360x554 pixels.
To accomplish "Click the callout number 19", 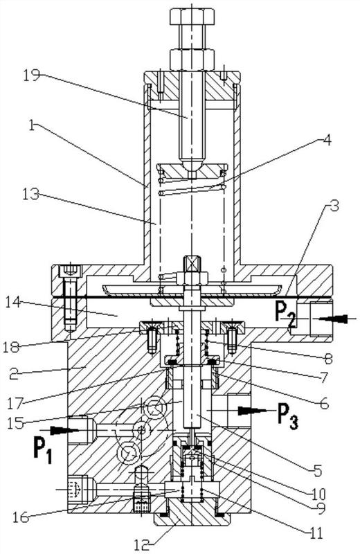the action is point(32,75).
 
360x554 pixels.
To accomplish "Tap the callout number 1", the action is point(31,126).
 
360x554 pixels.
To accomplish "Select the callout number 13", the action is point(30,193).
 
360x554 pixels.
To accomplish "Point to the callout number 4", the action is point(327,140).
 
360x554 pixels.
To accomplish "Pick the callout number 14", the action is point(13,303).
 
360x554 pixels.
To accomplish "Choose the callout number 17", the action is point(15,402).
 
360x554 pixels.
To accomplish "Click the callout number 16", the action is point(21,517).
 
